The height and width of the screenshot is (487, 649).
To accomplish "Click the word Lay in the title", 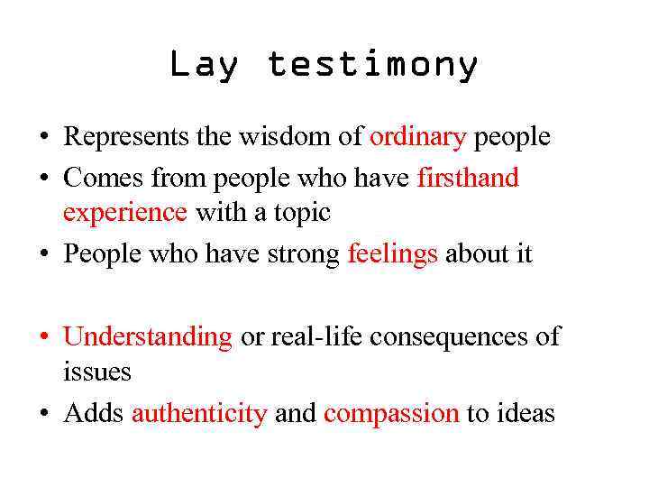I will click(x=205, y=66).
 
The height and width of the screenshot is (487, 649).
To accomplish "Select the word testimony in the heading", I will click(x=372, y=66).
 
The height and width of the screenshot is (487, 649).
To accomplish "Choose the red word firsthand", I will click(x=468, y=179).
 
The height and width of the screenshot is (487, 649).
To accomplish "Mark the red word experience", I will click(x=125, y=213).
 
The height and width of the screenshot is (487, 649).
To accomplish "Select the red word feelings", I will click(x=392, y=254).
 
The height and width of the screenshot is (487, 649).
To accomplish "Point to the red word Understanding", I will click(x=148, y=337).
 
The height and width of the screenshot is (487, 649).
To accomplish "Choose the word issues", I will click(x=97, y=372).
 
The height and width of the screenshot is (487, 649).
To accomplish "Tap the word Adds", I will click(x=94, y=413).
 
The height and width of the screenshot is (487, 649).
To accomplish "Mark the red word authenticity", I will click(x=199, y=413).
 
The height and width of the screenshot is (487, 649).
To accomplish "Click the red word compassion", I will click(x=391, y=413).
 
